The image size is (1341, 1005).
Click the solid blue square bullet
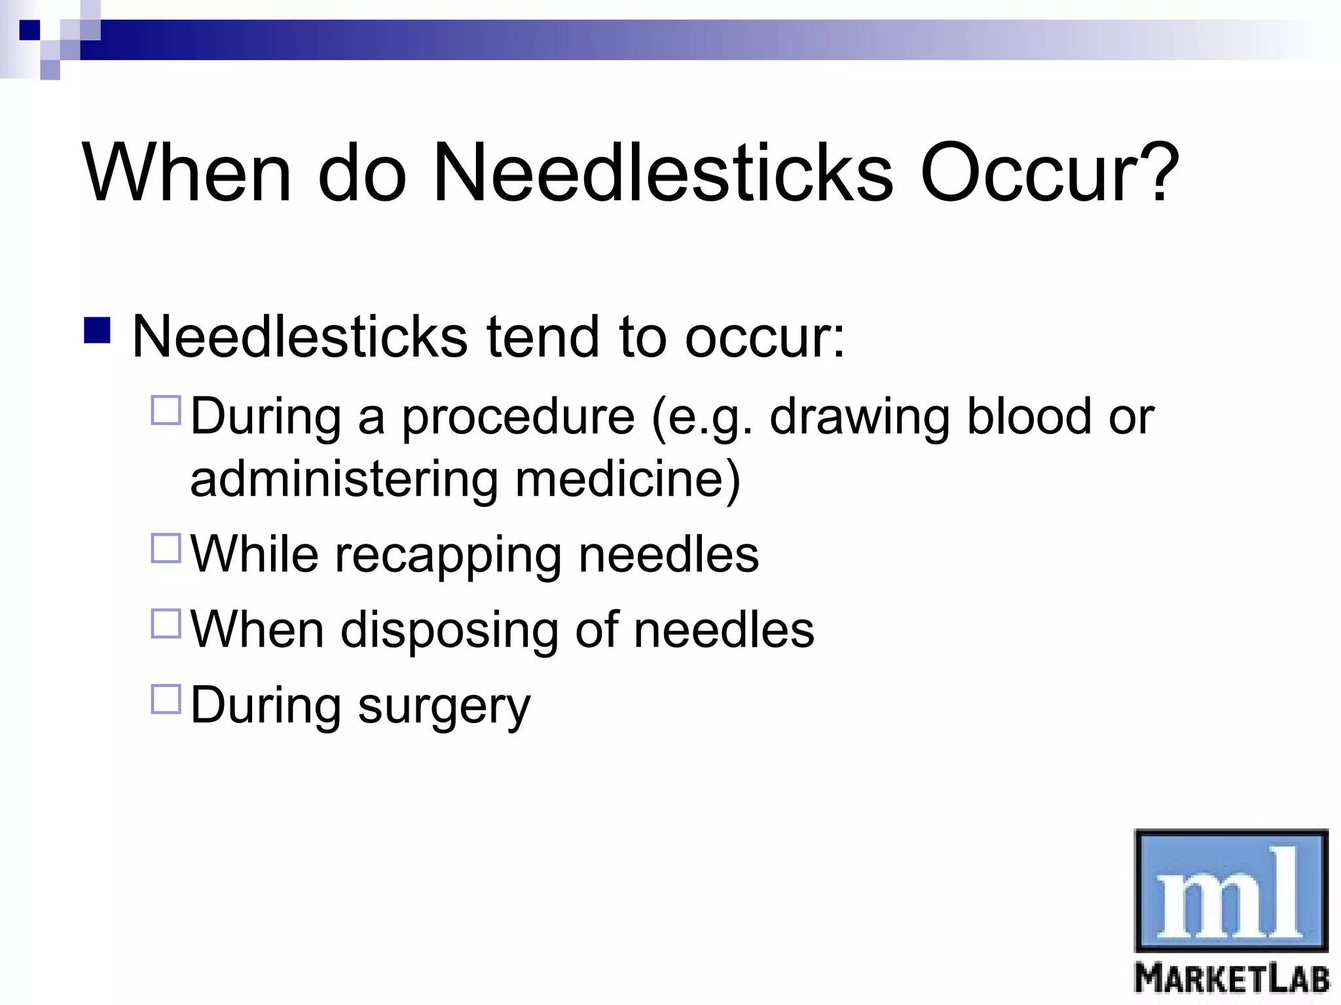pyautogui.click(x=98, y=330)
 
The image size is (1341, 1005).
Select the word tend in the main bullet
pyautogui.click(x=543, y=337)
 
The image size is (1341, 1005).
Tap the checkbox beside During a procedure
pyautogui.click(x=166, y=410)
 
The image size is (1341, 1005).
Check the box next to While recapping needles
pyautogui.click(x=166, y=548)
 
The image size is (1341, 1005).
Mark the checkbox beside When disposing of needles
pyautogui.click(x=166, y=624)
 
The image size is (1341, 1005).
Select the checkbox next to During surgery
pyautogui.click(x=166, y=699)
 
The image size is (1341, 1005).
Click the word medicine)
pyautogui.click(x=628, y=480)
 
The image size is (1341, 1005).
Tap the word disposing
pyautogui.click(x=449, y=631)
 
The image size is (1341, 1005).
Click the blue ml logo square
pyautogui.click(x=1231, y=890)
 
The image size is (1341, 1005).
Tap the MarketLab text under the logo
pyautogui.click(x=1232, y=979)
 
